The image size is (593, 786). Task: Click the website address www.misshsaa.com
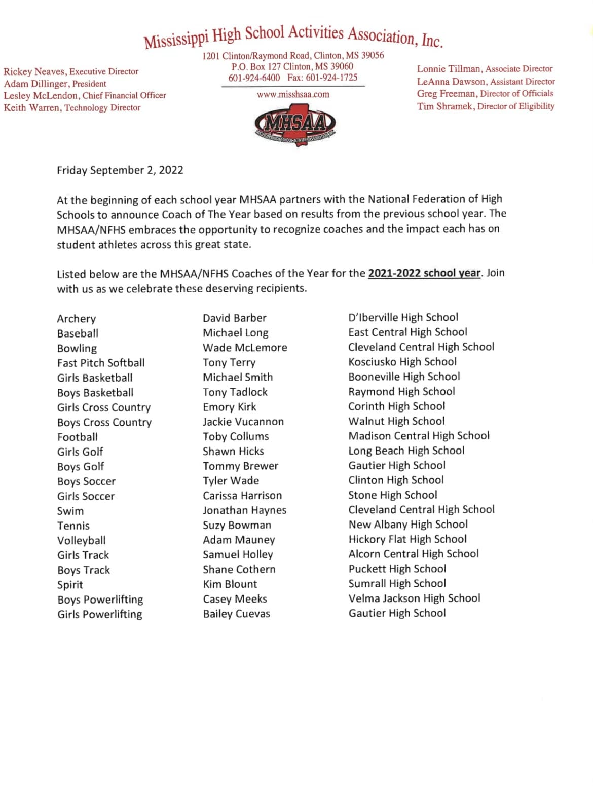click(293, 95)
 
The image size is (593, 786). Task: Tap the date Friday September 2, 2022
click(120, 170)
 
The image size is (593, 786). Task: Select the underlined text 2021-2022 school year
click(424, 273)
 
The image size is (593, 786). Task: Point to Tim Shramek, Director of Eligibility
click(486, 106)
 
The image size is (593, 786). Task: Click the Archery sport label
click(77, 319)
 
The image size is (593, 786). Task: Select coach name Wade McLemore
click(245, 348)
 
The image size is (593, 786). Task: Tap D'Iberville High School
click(403, 318)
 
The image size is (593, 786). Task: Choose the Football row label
click(78, 437)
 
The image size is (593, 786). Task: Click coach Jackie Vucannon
click(243, 422)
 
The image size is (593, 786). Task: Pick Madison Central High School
click(419, 436)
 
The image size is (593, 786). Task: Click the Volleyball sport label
click(82, 541)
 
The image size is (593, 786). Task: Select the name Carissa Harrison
click(242, 496)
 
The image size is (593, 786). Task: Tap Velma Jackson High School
click(414, 598)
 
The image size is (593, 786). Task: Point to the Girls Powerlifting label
click(100, 615)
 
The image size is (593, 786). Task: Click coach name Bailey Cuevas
click(237, 614)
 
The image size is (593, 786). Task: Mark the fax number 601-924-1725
click(331, 78)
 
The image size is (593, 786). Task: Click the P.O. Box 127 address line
click(292, 66)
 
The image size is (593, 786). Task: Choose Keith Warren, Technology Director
click(72, 108)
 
